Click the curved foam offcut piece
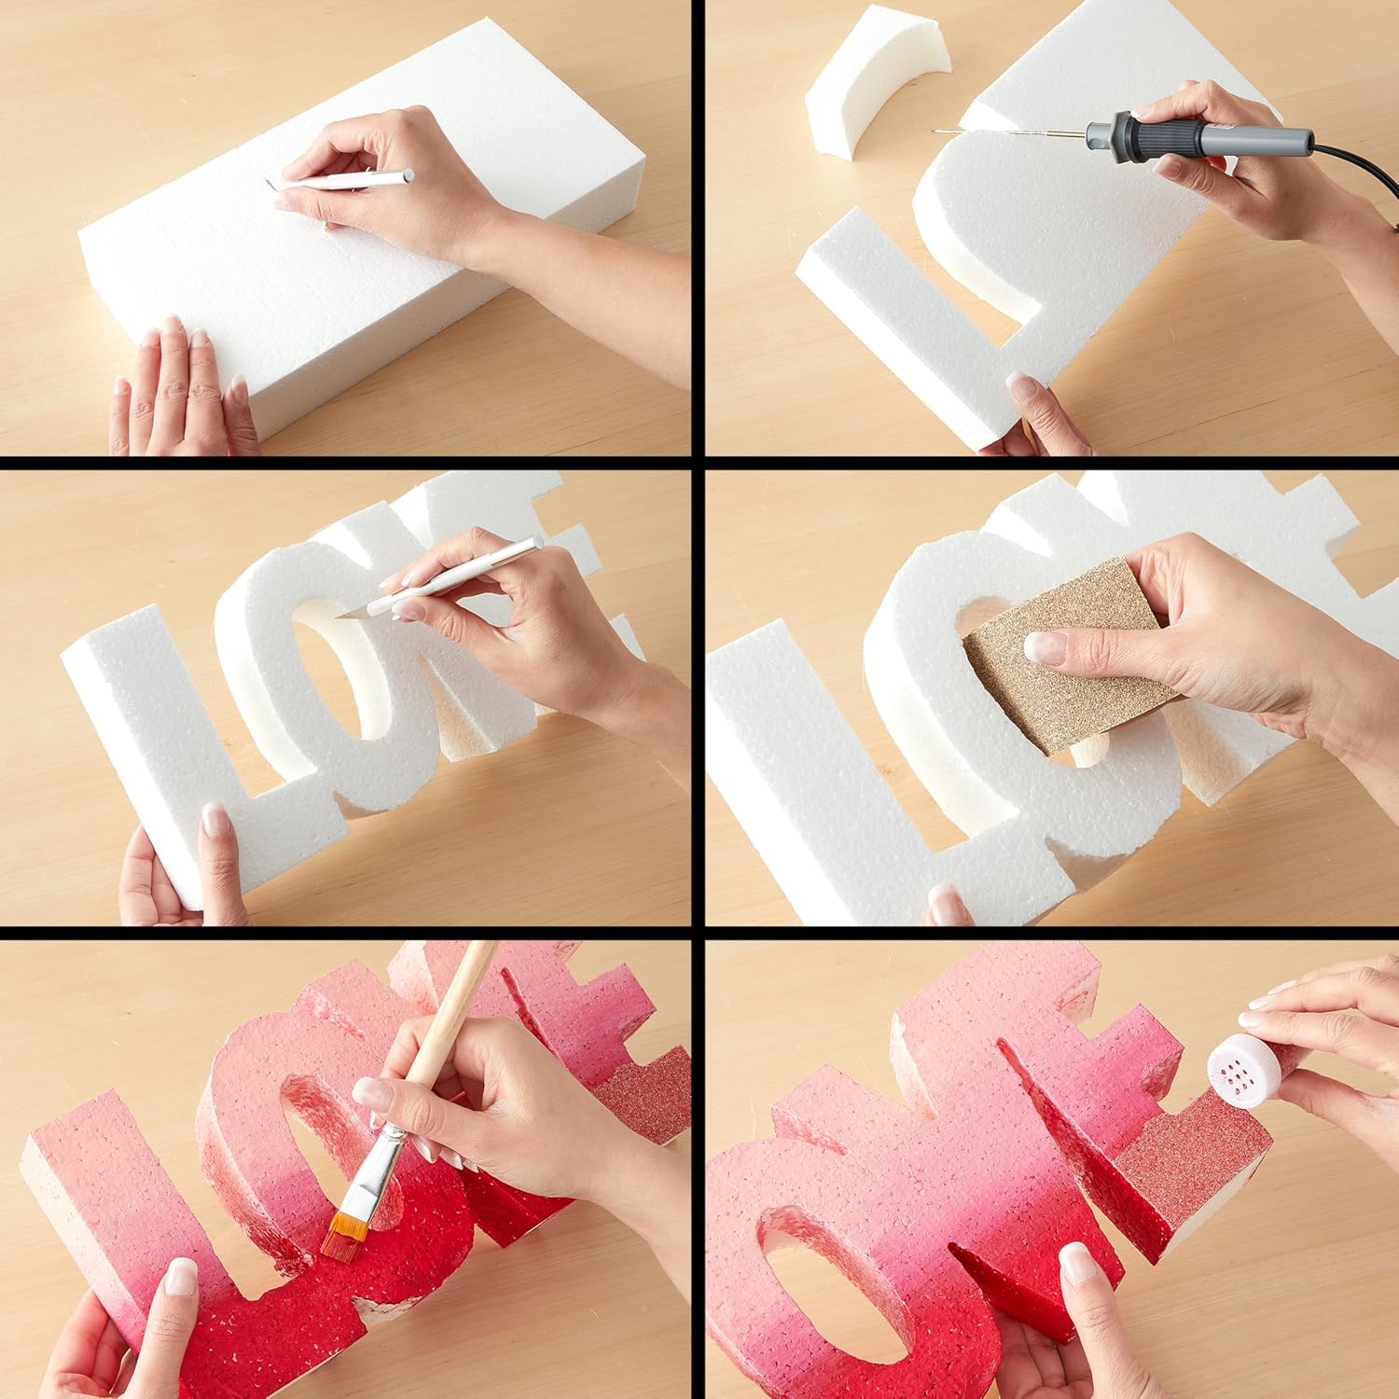877,84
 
